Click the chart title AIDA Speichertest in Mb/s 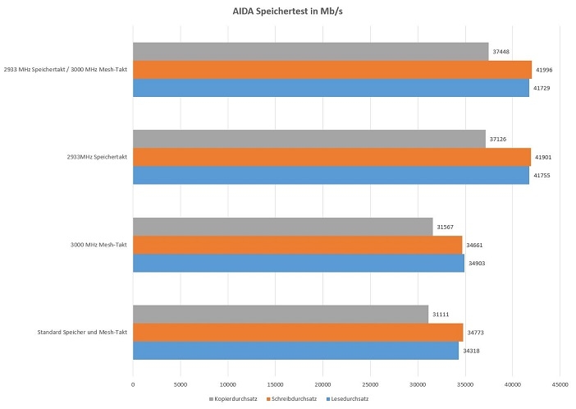pos(287,12)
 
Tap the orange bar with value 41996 pos(331,70)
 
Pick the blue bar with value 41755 pos(331,176)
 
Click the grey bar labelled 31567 pos(282,227)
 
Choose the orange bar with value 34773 pos(298,333)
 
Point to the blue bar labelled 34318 pos(295,351)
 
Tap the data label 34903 pos(478,263)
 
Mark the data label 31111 pos(441,315)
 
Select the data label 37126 pos(499,139)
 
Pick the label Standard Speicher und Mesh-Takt pos(82,333)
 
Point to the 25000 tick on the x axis pos(370,382)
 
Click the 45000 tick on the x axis pos(560,382)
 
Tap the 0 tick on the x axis pos(133,382)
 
